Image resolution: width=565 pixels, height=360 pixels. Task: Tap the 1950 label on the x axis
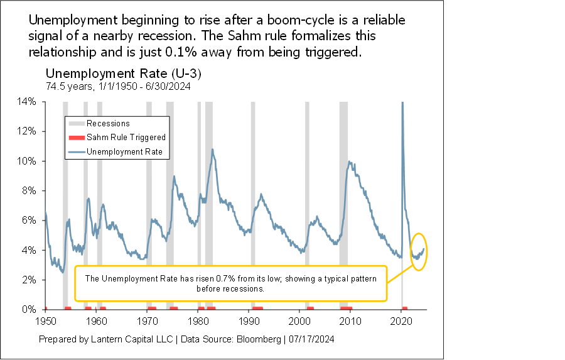[45, 320]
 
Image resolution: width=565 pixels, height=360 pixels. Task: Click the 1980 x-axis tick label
[198, 320]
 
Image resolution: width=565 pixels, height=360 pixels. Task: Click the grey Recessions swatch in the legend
[75, 124]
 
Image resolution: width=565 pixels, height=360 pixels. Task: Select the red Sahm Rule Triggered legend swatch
[75, 138]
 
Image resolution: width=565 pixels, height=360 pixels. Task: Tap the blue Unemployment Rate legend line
[75, 151]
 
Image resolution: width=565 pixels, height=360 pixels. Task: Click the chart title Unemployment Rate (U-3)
[123, 74]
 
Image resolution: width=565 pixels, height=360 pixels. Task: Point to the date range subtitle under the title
[118, 86]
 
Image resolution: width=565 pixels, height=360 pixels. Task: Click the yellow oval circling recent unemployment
[419, 251]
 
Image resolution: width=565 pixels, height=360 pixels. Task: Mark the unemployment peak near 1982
[213, 150]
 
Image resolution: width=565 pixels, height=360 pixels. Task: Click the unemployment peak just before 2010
[349, 162]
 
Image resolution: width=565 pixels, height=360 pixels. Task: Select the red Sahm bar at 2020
[405, 308]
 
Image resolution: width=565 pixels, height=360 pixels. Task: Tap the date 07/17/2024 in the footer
[310, 339]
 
